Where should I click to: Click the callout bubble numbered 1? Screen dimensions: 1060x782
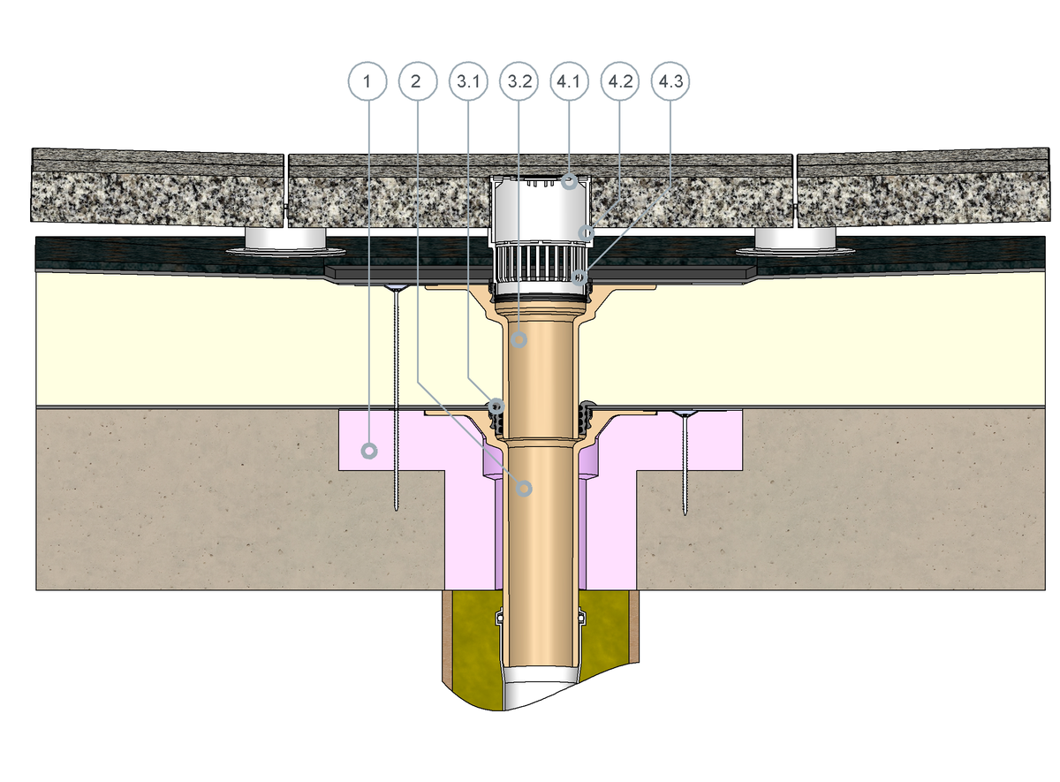tap(367, 81)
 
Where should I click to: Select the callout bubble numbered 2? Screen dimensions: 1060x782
tap(417, 81)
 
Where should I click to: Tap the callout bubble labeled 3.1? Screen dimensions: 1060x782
tap(468, 81)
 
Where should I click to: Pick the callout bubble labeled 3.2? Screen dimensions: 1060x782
tap(519, 81)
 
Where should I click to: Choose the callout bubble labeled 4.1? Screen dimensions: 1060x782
tap(569, 81)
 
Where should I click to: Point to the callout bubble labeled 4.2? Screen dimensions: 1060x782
tap(620, 81)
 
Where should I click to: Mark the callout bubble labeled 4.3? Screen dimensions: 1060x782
tap(670, 81)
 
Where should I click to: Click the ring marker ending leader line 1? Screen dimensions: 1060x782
tap(369, 451)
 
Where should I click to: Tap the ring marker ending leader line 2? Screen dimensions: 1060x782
tap(524, 488)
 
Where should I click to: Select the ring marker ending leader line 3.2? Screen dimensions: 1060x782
tap(519, 339)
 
